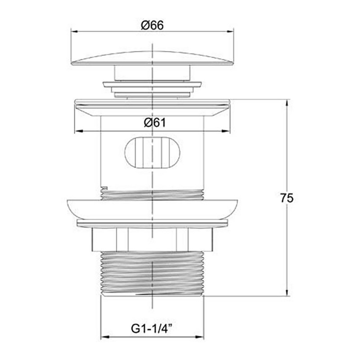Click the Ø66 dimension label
[x=153, y=26]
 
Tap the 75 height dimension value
[x=287, y=198]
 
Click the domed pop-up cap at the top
[x=153, y=58]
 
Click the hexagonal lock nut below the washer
[x=153, y=239]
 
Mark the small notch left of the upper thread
[x=104, y=188]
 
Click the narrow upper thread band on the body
[x=153, y=194]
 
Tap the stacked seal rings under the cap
[x=153, y=89]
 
